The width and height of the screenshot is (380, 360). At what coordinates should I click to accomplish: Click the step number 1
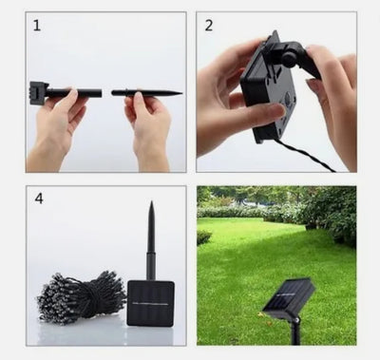(37, 26)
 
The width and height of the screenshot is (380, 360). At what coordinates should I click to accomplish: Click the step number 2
(209, 26)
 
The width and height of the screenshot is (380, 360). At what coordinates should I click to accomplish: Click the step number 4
(39, 199)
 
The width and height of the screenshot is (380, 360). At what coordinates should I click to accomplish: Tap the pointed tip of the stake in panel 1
(181, 93)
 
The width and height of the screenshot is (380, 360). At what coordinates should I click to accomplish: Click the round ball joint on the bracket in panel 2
(290, 59)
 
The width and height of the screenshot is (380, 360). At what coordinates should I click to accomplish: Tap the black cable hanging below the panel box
(304, 155)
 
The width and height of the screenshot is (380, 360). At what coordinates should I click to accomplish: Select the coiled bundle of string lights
(82, 297)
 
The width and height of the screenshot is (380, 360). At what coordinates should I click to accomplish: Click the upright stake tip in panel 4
(152, 202)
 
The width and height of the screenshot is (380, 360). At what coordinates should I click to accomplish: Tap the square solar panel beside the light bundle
(151, 303)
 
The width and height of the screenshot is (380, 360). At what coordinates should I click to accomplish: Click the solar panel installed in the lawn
(289, 297)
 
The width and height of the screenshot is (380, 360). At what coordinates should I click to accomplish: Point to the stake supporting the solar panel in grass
(295, 331)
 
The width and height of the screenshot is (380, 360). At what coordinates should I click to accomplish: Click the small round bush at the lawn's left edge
(204, 237)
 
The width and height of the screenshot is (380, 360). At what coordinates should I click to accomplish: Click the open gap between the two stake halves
(106, 93)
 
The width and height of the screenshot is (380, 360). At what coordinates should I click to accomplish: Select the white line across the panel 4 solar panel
(150, 304)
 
